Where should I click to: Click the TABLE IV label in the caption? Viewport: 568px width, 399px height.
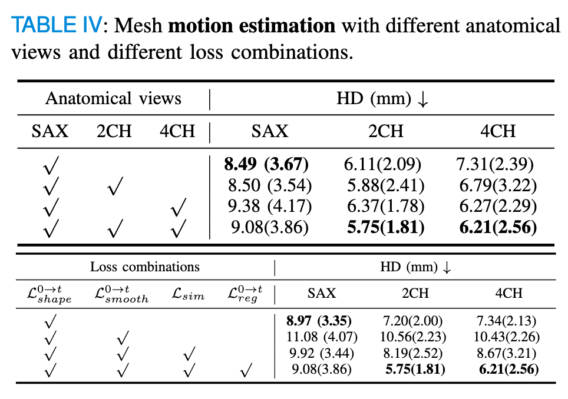[x=57, y=25]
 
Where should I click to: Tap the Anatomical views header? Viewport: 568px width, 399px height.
[x=113, y=98]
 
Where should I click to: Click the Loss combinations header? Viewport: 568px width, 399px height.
[x=144, y=267]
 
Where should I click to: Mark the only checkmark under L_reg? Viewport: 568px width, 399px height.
[x=246, y=371]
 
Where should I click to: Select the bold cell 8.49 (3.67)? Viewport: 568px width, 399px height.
[x=267, y=164]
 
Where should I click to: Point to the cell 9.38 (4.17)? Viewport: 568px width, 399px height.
[x=270, y=207]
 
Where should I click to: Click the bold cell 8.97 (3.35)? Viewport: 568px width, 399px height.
[x=319, y=321]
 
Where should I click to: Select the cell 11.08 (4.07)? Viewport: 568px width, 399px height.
[x=319, y=337]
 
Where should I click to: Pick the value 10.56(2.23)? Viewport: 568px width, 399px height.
[x=415, y=337]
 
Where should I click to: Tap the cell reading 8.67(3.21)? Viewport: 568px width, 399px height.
[x=507, y=354]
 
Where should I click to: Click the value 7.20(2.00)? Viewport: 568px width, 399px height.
[x=415, y=321]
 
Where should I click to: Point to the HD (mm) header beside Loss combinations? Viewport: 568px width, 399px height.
[x=415, y=267]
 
